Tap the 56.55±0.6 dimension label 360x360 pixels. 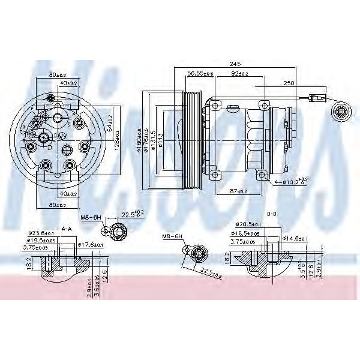(x=200, y=73)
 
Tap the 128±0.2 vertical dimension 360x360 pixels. (x=116, y=139)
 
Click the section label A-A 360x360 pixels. (x=66, y=229)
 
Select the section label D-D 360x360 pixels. (x=271, y=214)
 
